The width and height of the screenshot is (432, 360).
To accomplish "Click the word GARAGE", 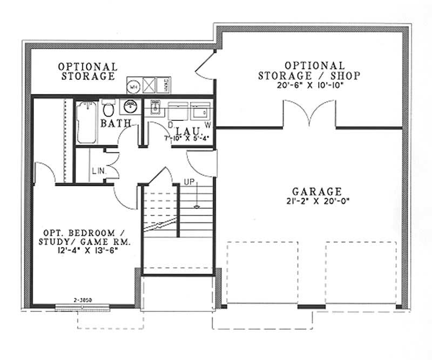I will [x=317, y=191].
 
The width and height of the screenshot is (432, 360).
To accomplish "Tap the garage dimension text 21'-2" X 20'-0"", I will [x=317, y=201].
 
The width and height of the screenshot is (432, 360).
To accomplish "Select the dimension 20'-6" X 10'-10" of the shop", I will [x=308, y=85].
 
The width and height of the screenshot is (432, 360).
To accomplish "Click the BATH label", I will [x=116, y=124].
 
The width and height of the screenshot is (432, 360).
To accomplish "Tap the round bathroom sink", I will [x=130, y=105].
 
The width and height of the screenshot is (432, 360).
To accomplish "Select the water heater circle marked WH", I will [x=133, y=85].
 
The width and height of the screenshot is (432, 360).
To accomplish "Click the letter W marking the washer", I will [x=207, y=125].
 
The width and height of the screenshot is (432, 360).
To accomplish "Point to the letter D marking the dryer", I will [x=170, y=125].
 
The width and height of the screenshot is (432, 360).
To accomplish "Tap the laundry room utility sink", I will [x=156, y=107].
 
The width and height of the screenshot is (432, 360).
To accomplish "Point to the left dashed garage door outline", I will [x=262, y=273].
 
